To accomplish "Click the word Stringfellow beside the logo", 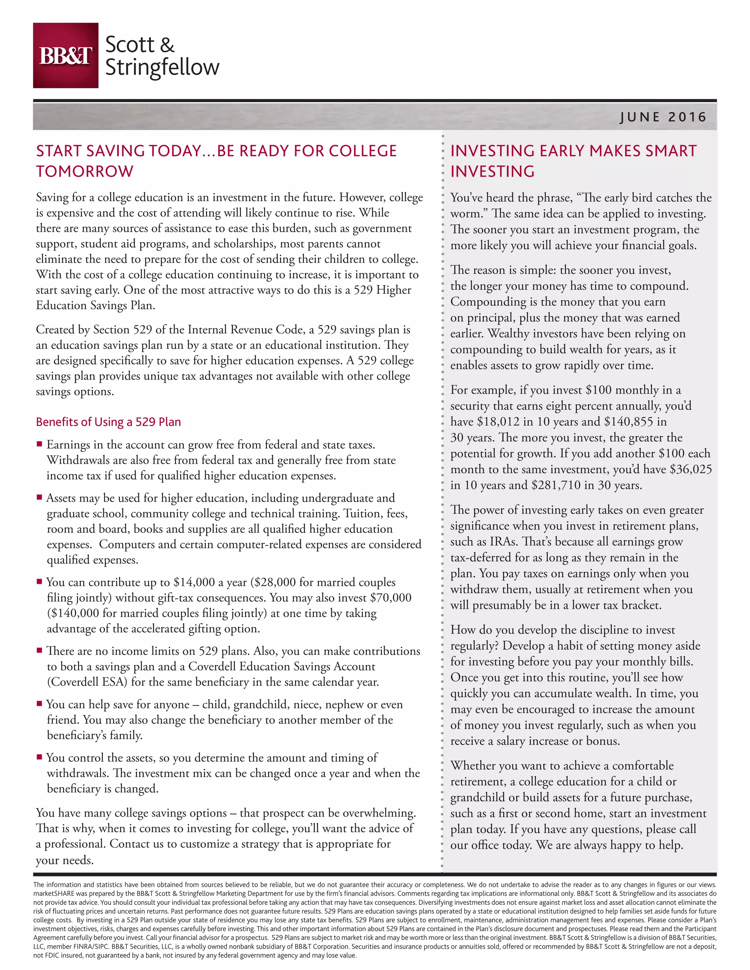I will (x=162, y=67).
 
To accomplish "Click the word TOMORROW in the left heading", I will (x=85, y=171).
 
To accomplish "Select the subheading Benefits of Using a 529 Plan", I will (x=108, y=422).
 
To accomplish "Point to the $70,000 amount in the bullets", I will (x=390, y=598).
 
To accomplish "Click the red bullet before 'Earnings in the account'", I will (x=40, y=444).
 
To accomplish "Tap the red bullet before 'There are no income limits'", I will (x=40, y=650).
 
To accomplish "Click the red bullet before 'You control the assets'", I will (x=40, y=757).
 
